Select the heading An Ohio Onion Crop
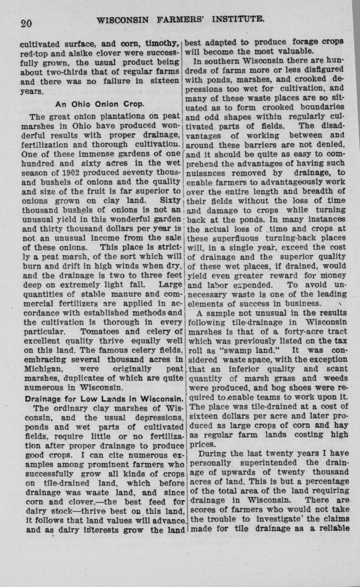coord(100,104)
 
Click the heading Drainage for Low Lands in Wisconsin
coord(104,399)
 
